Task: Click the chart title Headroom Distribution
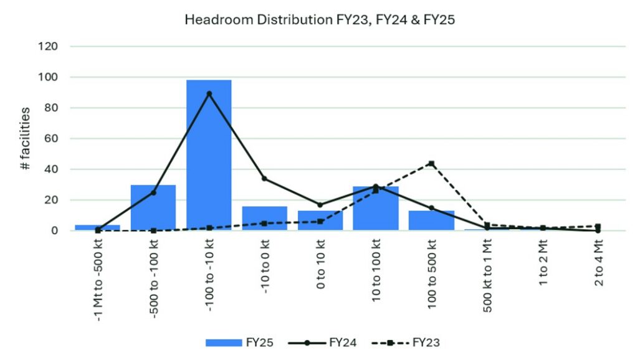320,19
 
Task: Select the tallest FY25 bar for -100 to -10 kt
209,156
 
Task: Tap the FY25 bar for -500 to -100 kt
153,208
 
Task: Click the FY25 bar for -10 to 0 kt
264,219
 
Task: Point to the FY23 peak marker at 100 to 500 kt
431,163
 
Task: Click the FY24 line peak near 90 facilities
209,93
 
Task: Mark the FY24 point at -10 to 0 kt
264,179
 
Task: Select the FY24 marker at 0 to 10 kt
320,205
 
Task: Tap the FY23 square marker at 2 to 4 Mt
598,226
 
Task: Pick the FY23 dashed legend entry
408,342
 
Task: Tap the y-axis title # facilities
25,139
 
